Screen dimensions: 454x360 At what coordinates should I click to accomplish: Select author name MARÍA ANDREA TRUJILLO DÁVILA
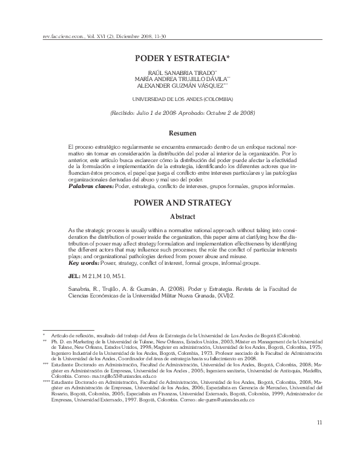click(x=180, y=79)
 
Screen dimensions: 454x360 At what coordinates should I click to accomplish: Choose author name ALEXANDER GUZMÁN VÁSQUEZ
click(x=180, y=86)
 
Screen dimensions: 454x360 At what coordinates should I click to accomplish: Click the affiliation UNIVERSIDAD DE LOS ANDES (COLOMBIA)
click(x=180, y=99)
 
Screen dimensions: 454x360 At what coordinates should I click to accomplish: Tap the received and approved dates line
click(x=180, y=112)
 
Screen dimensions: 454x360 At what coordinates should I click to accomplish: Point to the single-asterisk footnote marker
click(x=44, y=335)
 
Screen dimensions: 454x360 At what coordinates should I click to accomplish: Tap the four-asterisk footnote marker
click(x=46, y=383)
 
